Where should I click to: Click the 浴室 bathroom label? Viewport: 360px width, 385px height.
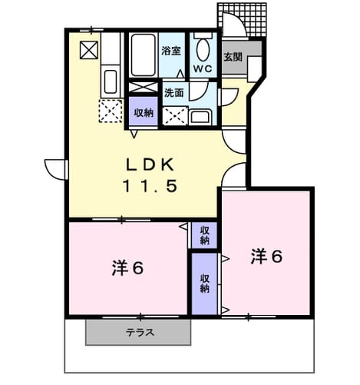171,51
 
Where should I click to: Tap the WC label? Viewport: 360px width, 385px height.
203,68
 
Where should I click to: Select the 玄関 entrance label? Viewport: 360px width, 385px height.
233,57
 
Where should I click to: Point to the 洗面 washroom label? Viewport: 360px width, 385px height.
173,93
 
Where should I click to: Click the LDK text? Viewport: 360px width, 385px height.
150,164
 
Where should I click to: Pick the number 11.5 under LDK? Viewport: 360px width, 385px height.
150,186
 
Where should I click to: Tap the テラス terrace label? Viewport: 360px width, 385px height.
140,333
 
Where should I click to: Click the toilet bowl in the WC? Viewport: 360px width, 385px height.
203,50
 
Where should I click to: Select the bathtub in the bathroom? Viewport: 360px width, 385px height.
144,55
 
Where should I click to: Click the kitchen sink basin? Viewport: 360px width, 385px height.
111,81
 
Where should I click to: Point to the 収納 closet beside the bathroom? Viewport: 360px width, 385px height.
144,111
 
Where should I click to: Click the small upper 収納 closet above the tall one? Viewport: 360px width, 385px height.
204,235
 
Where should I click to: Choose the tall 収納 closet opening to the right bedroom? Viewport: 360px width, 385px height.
204,284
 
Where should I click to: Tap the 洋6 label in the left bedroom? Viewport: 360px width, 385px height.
127,268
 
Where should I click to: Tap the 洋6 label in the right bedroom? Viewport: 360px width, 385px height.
266,257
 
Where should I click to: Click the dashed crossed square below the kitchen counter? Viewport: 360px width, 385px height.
111,111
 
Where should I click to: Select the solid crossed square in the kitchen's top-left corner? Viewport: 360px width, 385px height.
89,50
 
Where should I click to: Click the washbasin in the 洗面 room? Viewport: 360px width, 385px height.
201,118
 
